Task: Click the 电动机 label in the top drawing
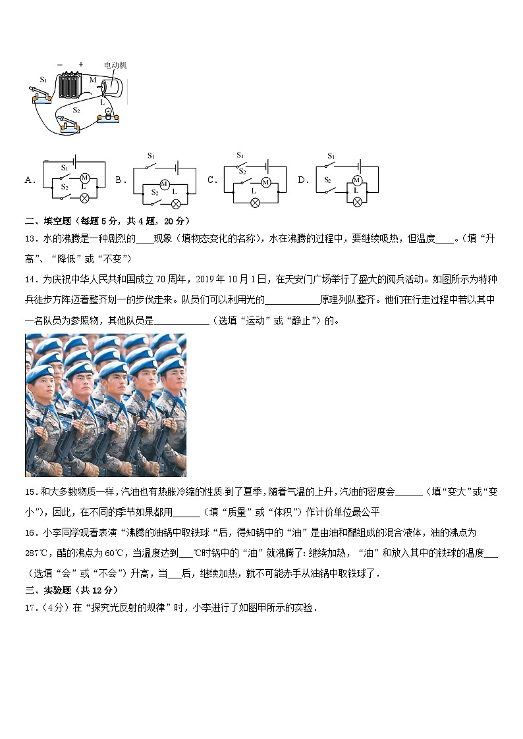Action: point(115,65)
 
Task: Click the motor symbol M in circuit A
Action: point(84,178)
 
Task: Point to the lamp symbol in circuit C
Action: point(255,203)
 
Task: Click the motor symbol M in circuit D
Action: point(357,180)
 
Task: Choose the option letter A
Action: point(29,180)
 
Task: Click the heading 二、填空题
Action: point(47,221)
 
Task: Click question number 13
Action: point(30,239)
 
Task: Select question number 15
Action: point(30,492)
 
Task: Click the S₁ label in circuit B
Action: point(151,156)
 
